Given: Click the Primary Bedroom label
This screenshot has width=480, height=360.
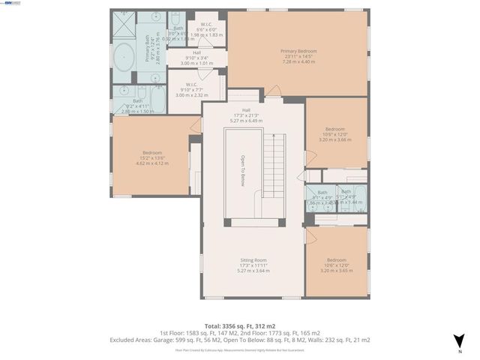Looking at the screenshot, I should (x=298, y=51).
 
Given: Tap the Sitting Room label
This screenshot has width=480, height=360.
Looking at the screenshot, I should (x=252, y=260).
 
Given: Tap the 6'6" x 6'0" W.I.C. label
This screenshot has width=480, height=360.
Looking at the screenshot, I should (x=199, y=29).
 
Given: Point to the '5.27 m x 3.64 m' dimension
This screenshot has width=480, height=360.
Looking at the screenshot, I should (x=252, y=271).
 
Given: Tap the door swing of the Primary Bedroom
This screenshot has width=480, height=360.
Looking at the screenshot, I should (x=274, y=91).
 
